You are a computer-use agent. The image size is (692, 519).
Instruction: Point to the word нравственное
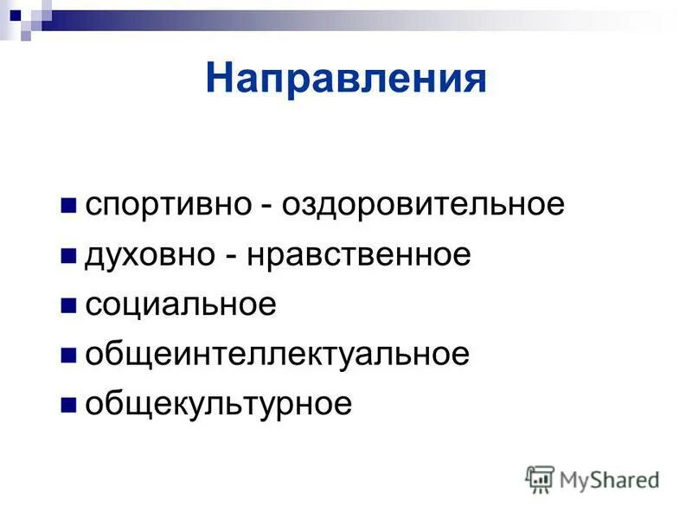pyautogui.click(x=360, y=255)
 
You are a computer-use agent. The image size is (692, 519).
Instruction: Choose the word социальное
pyautogui.click(x=181, y=304)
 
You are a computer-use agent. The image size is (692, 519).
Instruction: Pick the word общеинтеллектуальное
pyautogui.click(x=277, y=355)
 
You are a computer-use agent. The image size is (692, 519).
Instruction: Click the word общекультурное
pyautogui.click(x=218, y=405)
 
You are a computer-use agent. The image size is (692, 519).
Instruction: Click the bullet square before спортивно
pyautogui.click(x=68, y=207)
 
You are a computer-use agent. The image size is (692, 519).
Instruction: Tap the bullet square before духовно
pyautogui.click(x=68, y=257)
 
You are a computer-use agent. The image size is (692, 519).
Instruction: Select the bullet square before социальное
pyautogui.click(x=68, y=306)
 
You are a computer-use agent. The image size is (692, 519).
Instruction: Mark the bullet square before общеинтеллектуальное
pyautogui.click(x=68, y=356)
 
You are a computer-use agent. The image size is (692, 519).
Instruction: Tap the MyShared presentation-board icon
pyautogui.click(x=540, y=479)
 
